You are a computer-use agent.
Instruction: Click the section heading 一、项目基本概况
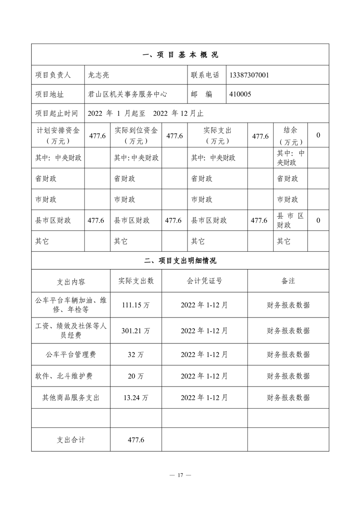pyautogui.click(x=180, y=55)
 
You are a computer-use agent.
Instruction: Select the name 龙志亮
pyautogui.click(x=99, y=75)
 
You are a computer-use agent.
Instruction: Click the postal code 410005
pyautogui.click(x=241, y=94)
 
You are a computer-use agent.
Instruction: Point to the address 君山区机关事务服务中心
pyautogui.click(x=128, y=94)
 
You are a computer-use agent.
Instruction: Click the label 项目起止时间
pyautogui.click(x=56, y=113)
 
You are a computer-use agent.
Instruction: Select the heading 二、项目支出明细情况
pyautogui.click(x=180, y=261)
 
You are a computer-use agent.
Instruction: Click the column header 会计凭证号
pyautogui.click(x=204, y=281)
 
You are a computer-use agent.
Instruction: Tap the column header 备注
pyautogui.click(x=288, y=281)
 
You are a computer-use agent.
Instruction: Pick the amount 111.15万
pyautogui.click(x=136, y=305)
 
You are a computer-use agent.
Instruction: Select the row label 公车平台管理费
pyautogui.click(x=71, y=354)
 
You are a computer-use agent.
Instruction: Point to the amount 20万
pyautogui.click(x=136, y=376)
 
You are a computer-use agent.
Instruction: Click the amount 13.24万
pyautogui.click(x=136, y=398)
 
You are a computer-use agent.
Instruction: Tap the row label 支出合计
pyautogui.click(x=71, y=440)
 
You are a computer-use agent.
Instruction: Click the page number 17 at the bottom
pyautogui.click(x=180, y=475)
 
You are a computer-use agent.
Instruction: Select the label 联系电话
pyautogui.click(x=205, y=75)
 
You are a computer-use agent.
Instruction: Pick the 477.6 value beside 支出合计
pyautogui.click(x=136, y=440)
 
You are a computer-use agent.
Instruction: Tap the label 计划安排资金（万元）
pyautogui.click(x=58, y=135)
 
